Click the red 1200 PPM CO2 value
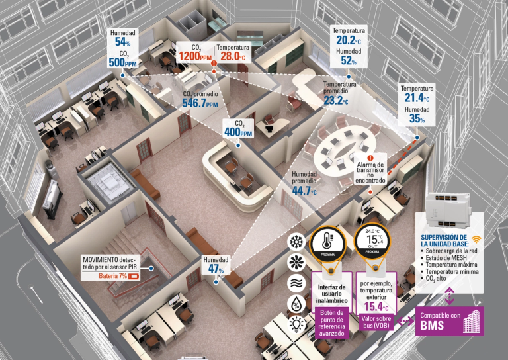coord(195,56)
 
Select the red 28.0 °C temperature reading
coord(233,56)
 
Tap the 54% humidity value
coord(122,42)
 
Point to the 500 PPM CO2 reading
coord(122,62)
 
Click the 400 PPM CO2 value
coord(238,132)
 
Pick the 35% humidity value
coord(417,119)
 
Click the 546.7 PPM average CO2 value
coord(200,103)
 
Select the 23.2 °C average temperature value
coord(336,101)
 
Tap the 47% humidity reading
coord(216,269)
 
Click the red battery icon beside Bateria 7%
coord(134,277)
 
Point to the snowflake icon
coord(296,242)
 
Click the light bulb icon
coord(296,324)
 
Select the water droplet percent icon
coord(296,304)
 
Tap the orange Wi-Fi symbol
coord(476,239)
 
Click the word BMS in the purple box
coord(430,326)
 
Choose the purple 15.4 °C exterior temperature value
coord(376,306)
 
